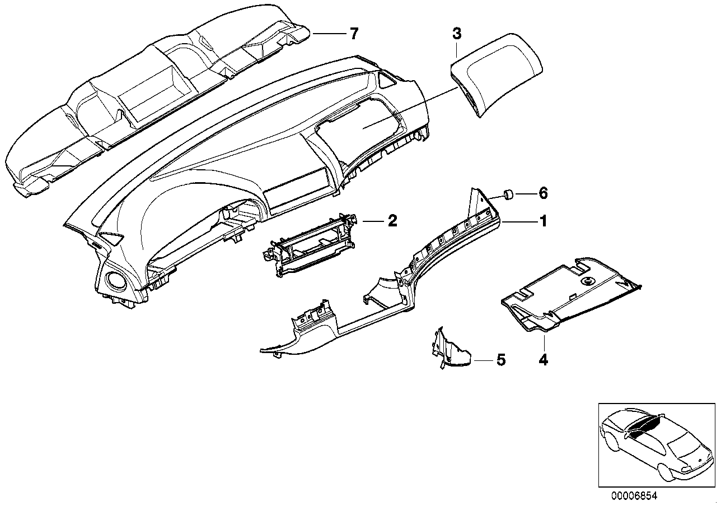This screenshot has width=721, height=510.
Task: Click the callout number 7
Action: pos(353,34)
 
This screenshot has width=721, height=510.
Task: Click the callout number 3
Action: pos(457,34)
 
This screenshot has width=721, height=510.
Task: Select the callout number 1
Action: pos(542,222)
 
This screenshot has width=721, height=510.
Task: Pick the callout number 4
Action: pos(542,359)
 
